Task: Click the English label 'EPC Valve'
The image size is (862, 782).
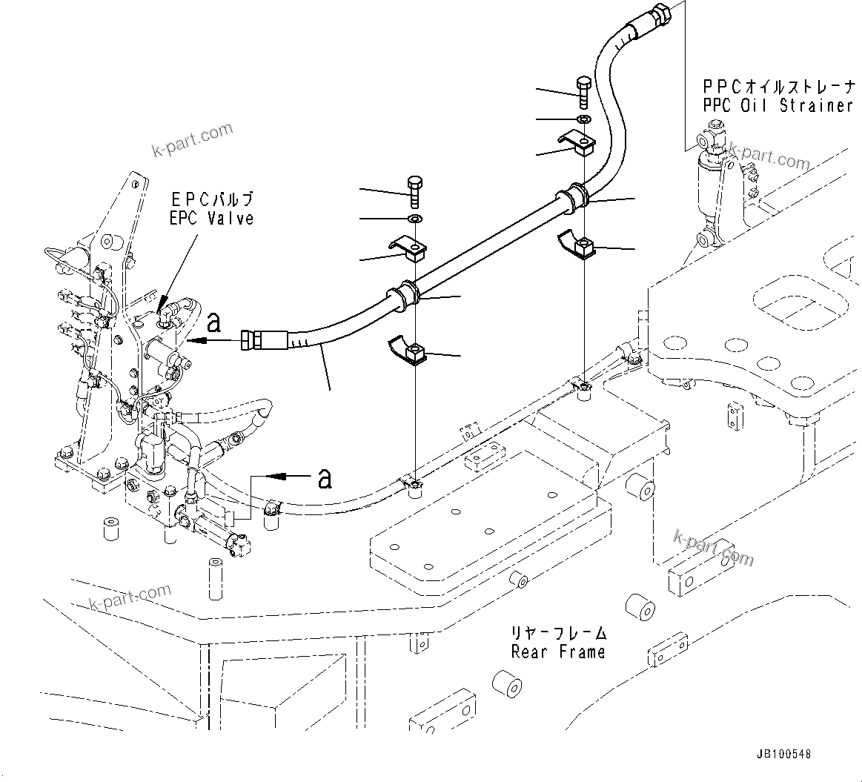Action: [210, 219]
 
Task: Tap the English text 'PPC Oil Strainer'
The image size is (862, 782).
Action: [778, 105]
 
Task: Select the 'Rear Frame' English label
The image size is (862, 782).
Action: [558, 652]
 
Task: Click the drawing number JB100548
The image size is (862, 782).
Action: [783, 754]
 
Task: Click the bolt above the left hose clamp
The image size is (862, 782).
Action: [414, 191]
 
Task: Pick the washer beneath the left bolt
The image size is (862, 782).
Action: [414, 219]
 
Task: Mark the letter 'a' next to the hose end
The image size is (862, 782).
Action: [213, 322]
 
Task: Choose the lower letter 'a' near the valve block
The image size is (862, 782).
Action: [324, 478]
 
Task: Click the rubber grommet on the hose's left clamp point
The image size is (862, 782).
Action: [405, 295]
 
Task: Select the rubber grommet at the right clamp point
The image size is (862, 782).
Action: [574, 197]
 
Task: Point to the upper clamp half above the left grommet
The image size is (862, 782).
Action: [408, 248]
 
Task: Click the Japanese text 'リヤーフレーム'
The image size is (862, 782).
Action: [558, 634]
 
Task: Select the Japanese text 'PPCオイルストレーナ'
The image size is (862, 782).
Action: [778, 86]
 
